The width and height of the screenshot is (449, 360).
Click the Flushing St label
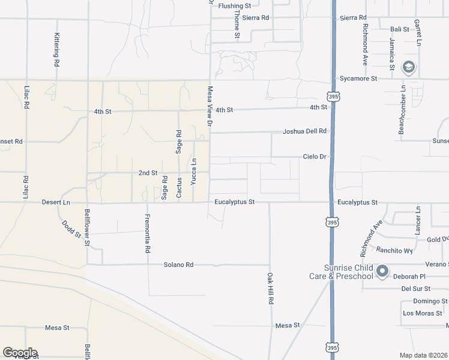[238, 6]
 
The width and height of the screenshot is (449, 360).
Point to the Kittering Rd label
[56, 49]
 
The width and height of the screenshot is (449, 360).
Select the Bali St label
[399, 29]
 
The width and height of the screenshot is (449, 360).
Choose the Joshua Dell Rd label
[305, 131]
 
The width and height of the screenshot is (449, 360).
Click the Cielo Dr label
[314, 157]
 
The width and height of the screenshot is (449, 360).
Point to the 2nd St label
[148, 173]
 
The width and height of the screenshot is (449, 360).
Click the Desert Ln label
[56, 203]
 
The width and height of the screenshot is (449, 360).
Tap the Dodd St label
[71, 230]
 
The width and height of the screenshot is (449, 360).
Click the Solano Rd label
[179, 265]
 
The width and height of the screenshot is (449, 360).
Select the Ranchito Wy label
[394, 250]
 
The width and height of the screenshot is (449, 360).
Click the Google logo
[20, 353]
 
